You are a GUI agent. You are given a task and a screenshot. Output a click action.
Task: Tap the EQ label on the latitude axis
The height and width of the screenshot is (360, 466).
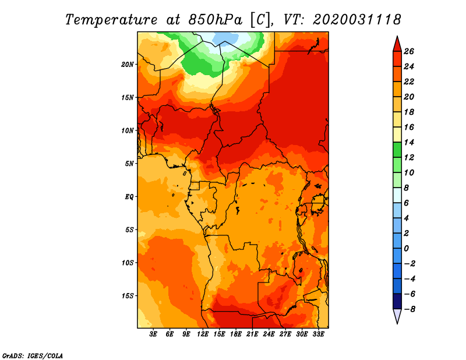pyautogui.click(x=130, y=196)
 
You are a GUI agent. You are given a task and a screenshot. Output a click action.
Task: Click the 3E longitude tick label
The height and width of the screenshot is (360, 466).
pyautogui.click(x=154, y=334)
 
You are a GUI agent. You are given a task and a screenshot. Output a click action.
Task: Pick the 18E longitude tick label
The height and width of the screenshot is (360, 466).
pyautogui.click(x=236, y=334)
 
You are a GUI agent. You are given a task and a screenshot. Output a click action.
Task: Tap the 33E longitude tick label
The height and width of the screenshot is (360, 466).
pyautogui.click(x=318, y=334)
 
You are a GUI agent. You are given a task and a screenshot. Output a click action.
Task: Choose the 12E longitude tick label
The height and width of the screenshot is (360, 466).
pyautogui.click(x=203, y=334)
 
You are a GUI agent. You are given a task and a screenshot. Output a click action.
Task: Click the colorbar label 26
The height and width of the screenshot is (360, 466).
pyautogui.click(x=408, y=51)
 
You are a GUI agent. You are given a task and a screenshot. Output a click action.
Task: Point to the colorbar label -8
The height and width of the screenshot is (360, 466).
pyautogui.click(x=408, y=309)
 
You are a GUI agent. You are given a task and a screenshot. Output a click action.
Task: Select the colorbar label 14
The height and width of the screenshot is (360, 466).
pyautogui.click(x=408, y=142)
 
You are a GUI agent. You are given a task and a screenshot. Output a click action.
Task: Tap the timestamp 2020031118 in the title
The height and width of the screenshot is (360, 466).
pyautogui.click(x=357, y=19)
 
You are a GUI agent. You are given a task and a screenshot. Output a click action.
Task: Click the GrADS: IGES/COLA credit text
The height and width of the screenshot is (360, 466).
pyautogui.click(x=33, y=355)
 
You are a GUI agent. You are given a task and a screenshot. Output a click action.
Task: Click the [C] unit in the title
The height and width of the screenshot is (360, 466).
pyautogui.click(x=260, y=19)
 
